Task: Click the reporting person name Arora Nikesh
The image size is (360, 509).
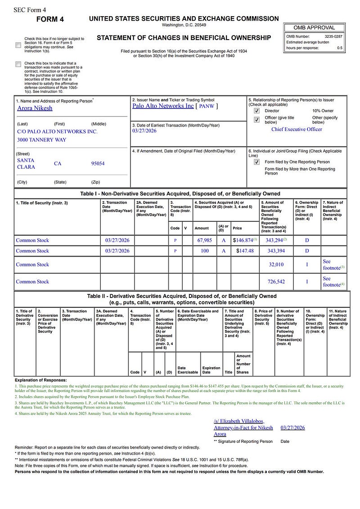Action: tap(35, 108)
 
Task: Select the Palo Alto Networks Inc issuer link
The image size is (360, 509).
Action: tap(163, 106)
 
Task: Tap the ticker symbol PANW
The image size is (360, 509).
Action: tap(207, 106)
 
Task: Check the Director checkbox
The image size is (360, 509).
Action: tap(256, 111)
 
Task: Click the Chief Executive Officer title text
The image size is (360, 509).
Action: tap(297, 129)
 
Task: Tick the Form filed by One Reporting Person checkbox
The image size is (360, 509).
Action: tap(256, 162)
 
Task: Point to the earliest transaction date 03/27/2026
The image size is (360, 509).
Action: tap(144, 131)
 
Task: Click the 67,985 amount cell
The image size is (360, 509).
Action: tap(204, 240)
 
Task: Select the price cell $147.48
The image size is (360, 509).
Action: tap(245, 251)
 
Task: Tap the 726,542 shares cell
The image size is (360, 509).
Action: tap(276, 282)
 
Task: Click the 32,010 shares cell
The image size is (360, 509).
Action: tap(276, 265)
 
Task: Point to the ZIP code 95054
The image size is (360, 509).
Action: tap(98, 163)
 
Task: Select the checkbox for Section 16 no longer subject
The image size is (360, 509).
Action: tap(18, 45)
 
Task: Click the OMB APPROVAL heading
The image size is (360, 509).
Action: tap(315, 27)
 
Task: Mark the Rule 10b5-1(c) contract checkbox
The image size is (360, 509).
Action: tap(18, 64)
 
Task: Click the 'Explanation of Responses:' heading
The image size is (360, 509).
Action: tap(40, 380)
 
